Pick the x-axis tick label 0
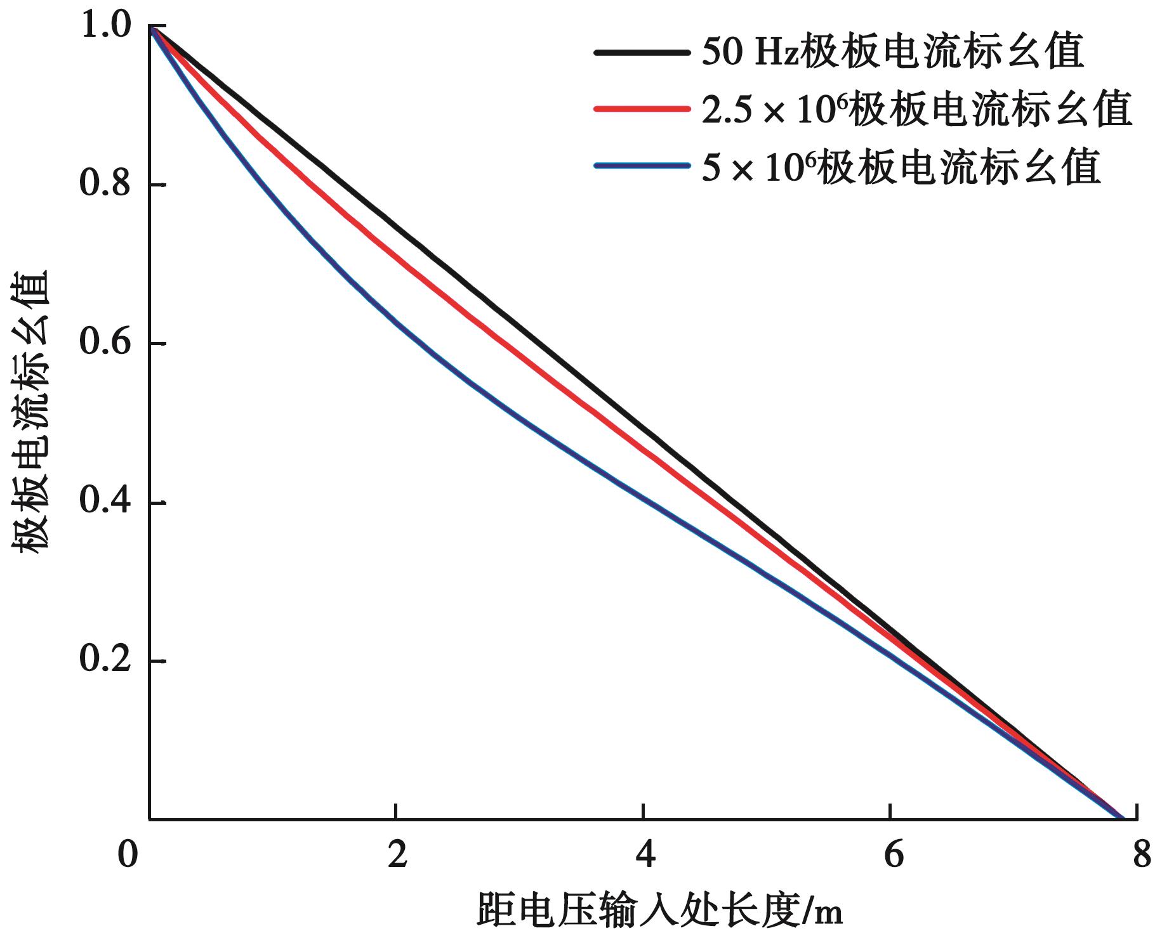pyautogui.click(x=128, y=856)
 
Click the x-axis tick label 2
pyautogui.click(x=397, y=856)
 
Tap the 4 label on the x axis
pyautogui.click(x=644, y=856)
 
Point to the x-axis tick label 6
pyautogui.click(x=892, y=856)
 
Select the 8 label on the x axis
pyautogui.click(x=1140, y=856)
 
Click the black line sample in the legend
pyautogui.click(x=642, y=53)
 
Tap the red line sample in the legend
pyautogui.click(x=642, y=109)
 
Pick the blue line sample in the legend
pyautogui.click(x=642, y=166)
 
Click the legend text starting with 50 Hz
pyautogui.click(x=892, y=53)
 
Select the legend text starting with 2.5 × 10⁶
pyautogui.click(x=916, y=109)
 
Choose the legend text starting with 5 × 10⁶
pyautogui.click(x=900, y=167)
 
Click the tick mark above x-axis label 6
pyautogui.click(x=892, y=812)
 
